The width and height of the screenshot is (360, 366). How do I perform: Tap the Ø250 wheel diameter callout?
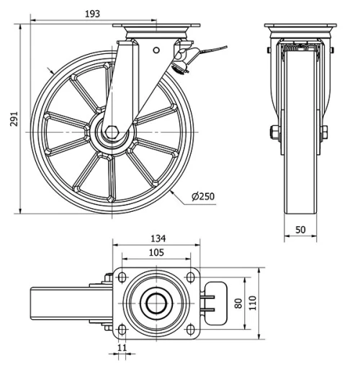click(204, 196)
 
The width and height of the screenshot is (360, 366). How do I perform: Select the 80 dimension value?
click(239, 303)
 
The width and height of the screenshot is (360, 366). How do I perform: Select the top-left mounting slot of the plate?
click(123, 277)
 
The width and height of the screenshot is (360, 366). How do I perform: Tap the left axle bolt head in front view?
click(274, 133)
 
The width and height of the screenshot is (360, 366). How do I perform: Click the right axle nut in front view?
click(324, 133)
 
